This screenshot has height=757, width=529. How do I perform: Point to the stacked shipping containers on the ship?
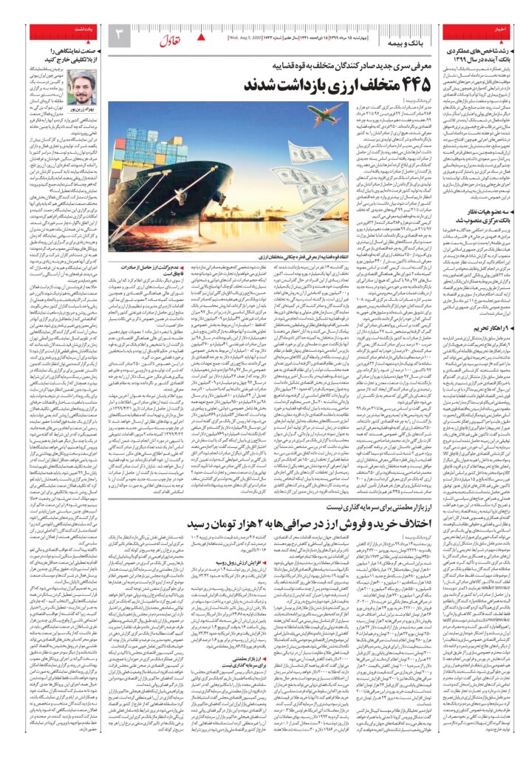tap(173, 147)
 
